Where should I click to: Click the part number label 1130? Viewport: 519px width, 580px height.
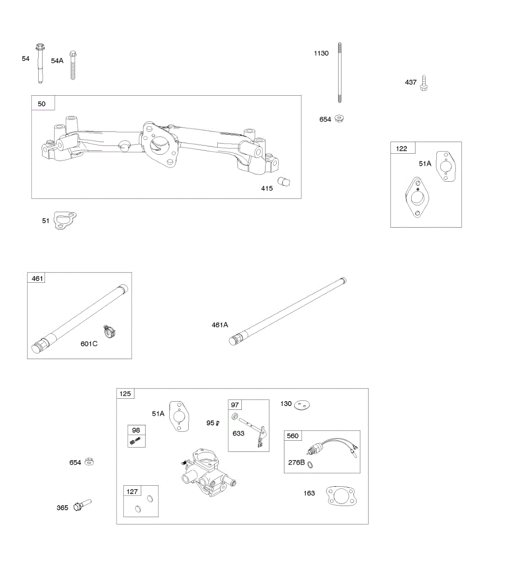[321, 53]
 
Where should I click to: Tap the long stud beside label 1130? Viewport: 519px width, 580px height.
[340, 72]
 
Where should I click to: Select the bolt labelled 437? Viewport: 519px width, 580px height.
[424, 83]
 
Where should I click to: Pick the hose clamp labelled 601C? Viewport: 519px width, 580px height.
[111, 332]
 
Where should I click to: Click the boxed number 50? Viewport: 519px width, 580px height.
[42, 103]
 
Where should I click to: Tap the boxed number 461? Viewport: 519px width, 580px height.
[37, 278]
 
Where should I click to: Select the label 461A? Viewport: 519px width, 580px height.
[220, 325]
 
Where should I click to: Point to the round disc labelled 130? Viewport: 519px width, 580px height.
[302, 405]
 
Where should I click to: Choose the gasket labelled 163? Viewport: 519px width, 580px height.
[341, 497]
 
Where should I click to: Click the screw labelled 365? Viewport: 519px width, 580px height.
[81, 506]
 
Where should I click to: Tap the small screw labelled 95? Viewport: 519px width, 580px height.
[218, 423]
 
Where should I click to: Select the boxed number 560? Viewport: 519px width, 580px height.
[293, 436]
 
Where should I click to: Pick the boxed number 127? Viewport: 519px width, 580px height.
[132, 492]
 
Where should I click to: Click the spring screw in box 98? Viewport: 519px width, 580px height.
[136, 440]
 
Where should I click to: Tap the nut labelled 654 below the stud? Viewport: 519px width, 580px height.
[339, 118]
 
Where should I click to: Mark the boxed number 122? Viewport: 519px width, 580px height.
[401, 148]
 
